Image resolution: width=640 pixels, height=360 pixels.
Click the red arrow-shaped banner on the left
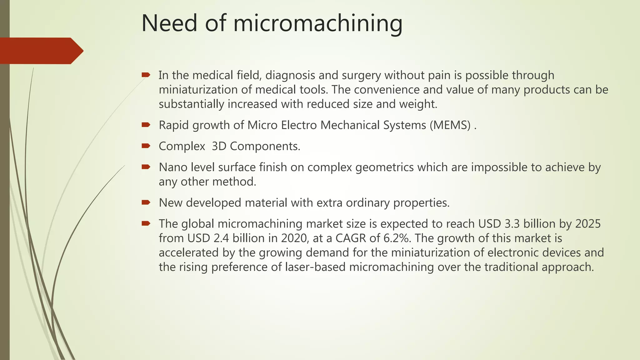click(x=41, y=51)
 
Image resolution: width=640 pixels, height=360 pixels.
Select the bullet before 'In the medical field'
click(x=146, y=75)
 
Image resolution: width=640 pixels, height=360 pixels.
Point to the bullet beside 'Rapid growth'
click(x=146, y=125)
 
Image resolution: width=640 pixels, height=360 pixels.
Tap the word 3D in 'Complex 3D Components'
click(x=219, y=146)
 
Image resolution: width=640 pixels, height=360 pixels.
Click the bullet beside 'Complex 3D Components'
click(x=146, y=146)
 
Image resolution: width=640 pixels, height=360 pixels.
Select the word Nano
click(x=173, y=167)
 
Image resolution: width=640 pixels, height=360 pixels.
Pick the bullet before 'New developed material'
click(x=146, y=202)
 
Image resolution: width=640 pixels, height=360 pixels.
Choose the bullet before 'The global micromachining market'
click(x=146, y=223)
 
